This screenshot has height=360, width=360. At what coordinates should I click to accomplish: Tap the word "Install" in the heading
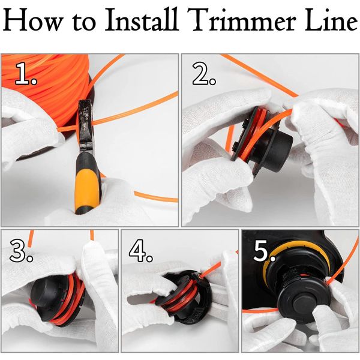coord(142,20)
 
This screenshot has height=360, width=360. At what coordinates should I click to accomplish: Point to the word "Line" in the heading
coord(331,20)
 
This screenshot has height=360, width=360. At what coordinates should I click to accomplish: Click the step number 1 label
coord(26,73)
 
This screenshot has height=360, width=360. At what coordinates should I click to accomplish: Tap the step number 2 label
coord(204,73)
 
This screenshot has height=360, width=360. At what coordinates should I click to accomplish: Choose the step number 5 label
coord(265,250)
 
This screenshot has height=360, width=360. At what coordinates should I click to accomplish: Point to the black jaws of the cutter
coord(85,125)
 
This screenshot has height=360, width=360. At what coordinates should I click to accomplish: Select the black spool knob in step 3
coord(49,296)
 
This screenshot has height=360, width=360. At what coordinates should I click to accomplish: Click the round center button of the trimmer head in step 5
coord(302,305)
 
